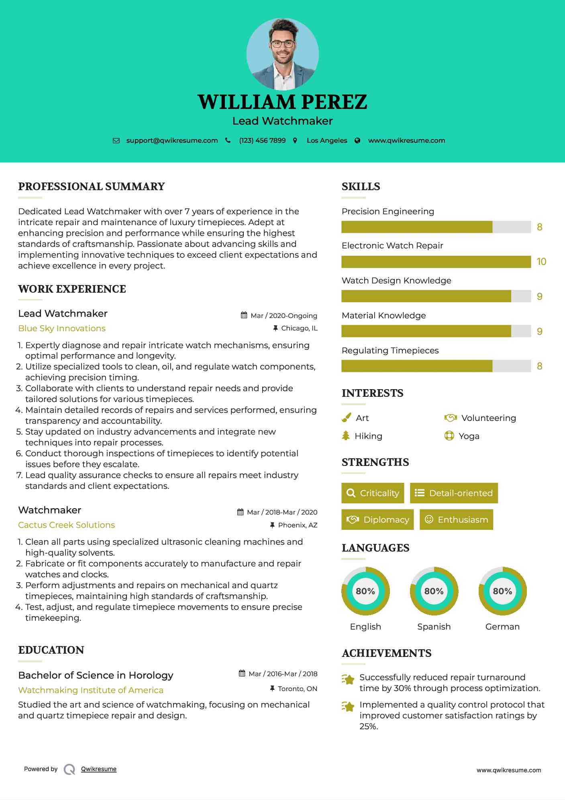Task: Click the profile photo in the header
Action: pos(282,54)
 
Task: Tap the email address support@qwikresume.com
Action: pos(172,140)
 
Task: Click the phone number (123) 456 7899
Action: pos(262,140)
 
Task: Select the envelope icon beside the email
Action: pos(116,140)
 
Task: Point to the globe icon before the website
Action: pos(357,140)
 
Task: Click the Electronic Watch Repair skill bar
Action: pos(436,262)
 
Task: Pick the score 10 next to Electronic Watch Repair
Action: pos(541,262)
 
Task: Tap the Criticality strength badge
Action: pos(373,493)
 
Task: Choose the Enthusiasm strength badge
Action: pos(456,519)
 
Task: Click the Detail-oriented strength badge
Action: pos(454,493)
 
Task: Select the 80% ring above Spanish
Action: pos(434,591)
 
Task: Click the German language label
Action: pos(502,626)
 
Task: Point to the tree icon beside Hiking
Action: pos(346,436)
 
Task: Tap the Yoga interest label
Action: pos(469,436)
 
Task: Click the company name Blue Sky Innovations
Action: pos(62,328)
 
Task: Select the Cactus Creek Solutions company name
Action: pos(66,525)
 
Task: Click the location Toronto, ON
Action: pos(298,689)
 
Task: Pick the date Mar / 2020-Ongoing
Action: pos(284,316)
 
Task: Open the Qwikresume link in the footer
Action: pos(99,769)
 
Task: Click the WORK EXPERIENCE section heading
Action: pos(72,289)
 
